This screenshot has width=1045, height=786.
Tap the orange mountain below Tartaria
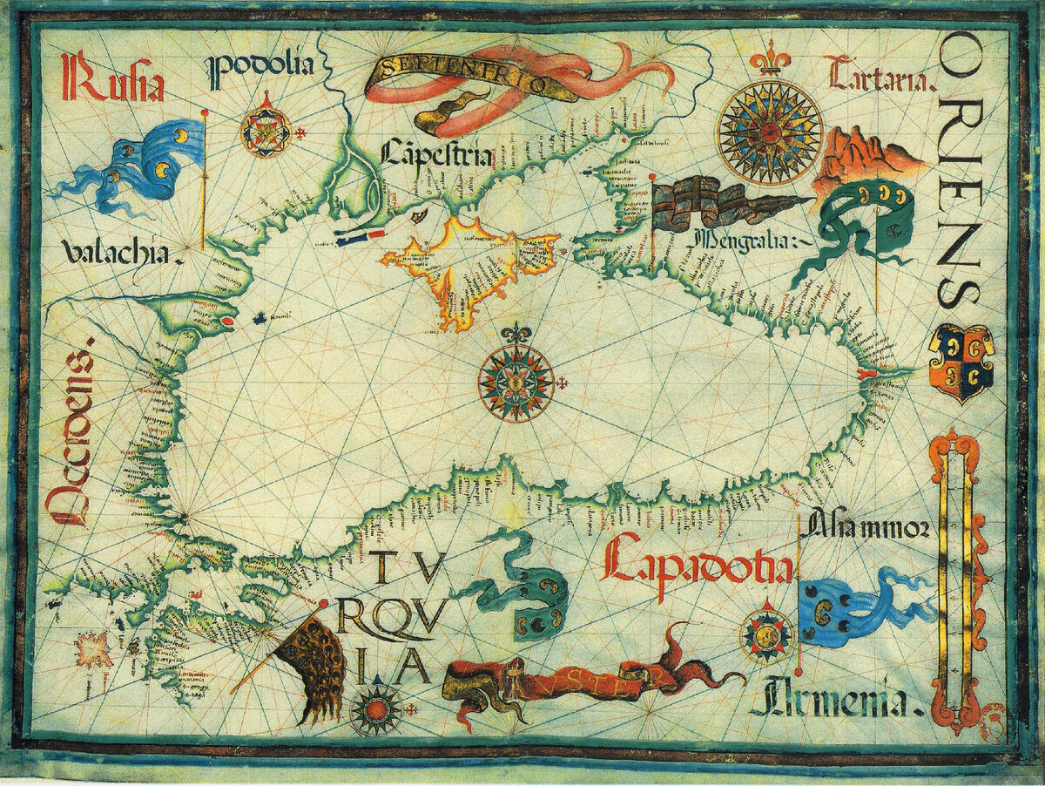tap(858, 157)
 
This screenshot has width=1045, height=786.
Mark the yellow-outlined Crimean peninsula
tap(470, 261)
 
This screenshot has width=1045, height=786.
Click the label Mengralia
tap(749, 237)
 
